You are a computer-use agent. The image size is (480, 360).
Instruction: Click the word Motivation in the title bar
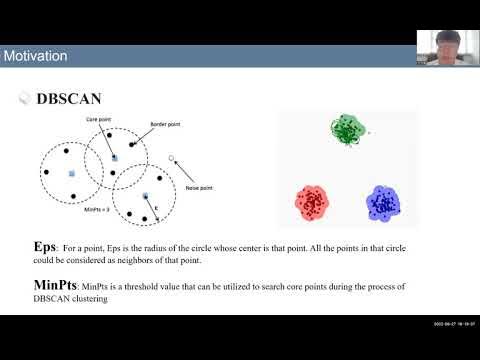tap(36, 56)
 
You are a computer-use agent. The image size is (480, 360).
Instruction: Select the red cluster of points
tap(313, 203)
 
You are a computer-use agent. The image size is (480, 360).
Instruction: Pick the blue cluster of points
tap(382, 204)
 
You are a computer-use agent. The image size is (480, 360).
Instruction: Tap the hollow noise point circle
tap(172, 157)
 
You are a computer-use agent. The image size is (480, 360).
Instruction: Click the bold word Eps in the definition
tap(46, 246)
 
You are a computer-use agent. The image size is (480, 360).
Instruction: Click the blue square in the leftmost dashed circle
tap(72, 173)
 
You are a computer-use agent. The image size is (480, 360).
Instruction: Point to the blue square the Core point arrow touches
tap(116, 159)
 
